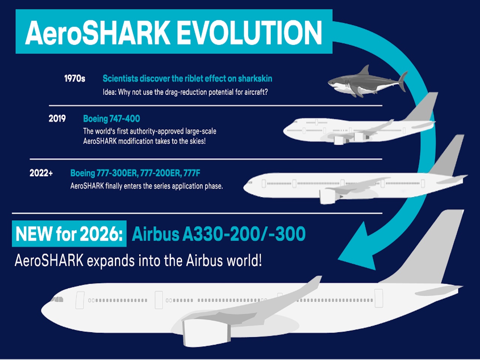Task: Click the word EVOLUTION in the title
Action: pyautogui.click(x=249, y=33)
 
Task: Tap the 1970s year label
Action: pyautogui.click(x=75, y=79)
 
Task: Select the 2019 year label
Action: pyautogui.click(x=57, y=119)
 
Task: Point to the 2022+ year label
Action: pyautogui.click(x=41, y=173)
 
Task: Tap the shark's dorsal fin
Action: pyautogui.click(x=364, y=70)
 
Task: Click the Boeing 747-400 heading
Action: pyautogui.click(x=111, y=119)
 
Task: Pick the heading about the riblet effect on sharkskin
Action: pyautogui.click(x=187, y=79)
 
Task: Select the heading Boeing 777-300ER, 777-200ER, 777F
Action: pyautogui.click(x=135, y=173)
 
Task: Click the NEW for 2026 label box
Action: pyautogui.click(x=69, y=234)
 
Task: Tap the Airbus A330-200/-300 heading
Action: pyautogui.click(x=219, y=234)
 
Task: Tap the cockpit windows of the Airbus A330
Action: pyautogui.click(x=57, y=299)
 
